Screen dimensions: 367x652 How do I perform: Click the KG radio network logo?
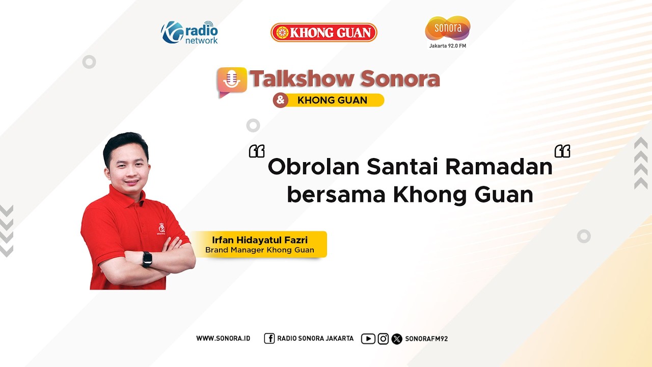pos(189,33)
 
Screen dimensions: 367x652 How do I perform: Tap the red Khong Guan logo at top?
pos(323,33)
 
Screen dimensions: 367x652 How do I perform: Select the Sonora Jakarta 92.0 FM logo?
pos(447,32)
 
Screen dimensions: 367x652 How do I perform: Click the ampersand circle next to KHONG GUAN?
pos(280,100)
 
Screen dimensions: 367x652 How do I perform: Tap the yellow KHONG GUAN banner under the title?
pos(332,100)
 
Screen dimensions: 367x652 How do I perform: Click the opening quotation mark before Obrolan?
pos(257,151)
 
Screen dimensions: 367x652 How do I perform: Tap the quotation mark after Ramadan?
pos(562,151)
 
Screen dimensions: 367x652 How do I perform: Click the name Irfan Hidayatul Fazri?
pos(260,240)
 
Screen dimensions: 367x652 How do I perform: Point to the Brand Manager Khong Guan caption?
pos(260,250)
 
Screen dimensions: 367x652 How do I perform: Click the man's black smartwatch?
pos(147,259)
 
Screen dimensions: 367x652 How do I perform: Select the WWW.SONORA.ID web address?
pos(223,338)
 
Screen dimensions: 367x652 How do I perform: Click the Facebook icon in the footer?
pos(269,338)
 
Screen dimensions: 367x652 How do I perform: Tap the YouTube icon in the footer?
pos(368,338)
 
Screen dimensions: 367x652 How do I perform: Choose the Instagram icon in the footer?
pos(383,338)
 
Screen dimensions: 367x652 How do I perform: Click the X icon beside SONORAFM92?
pos(397,338)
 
